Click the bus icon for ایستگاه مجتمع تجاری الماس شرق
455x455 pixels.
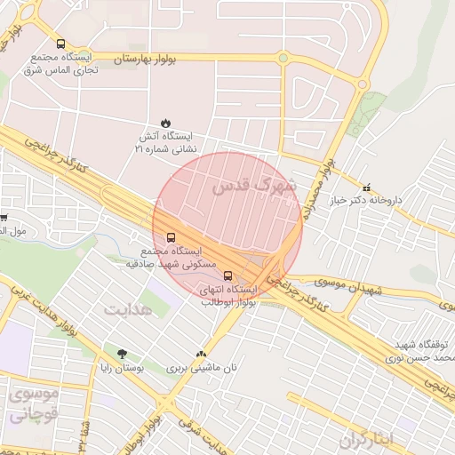point(60,44)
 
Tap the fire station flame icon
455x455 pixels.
point(164,123)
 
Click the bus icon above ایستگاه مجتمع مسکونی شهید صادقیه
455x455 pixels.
point(171,236)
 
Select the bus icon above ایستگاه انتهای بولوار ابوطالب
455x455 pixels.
point(228,275)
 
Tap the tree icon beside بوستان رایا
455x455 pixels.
point(122,354)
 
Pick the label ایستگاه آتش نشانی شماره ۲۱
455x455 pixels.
point(168,142)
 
